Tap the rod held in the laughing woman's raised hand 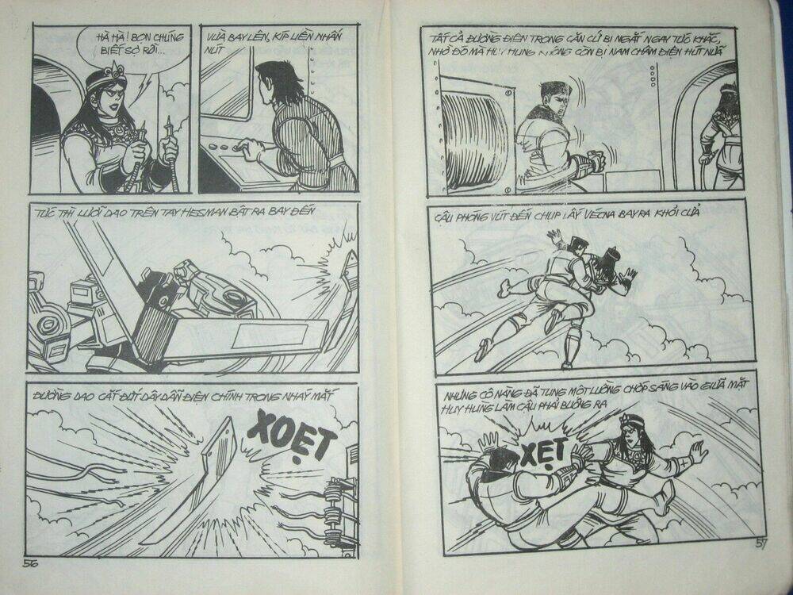pyautogui.click(x=169, y=151)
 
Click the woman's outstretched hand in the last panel pyautogui.click(x=697, y=452)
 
